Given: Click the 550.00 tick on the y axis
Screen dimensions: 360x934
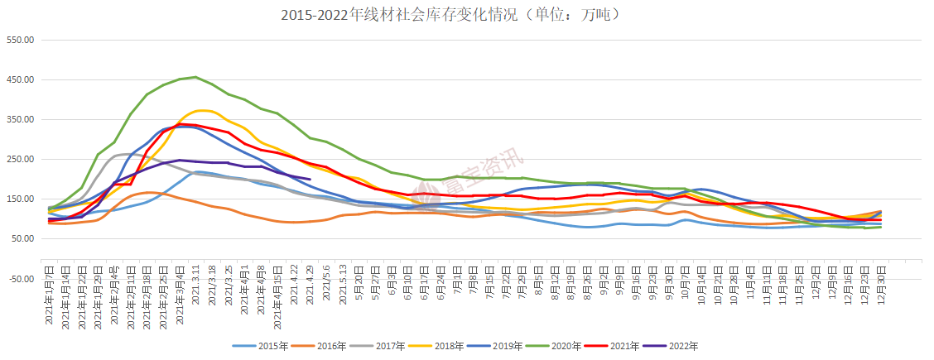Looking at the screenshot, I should [20, 41].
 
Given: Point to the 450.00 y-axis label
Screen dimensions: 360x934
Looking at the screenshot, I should [20, 80].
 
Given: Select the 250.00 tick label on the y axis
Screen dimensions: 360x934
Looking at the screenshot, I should [20, 160].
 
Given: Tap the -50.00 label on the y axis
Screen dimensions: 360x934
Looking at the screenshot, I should [20, 279].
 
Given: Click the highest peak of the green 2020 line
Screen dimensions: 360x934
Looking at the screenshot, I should [195, 77].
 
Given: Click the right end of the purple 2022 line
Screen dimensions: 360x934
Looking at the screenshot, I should [310, 180].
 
